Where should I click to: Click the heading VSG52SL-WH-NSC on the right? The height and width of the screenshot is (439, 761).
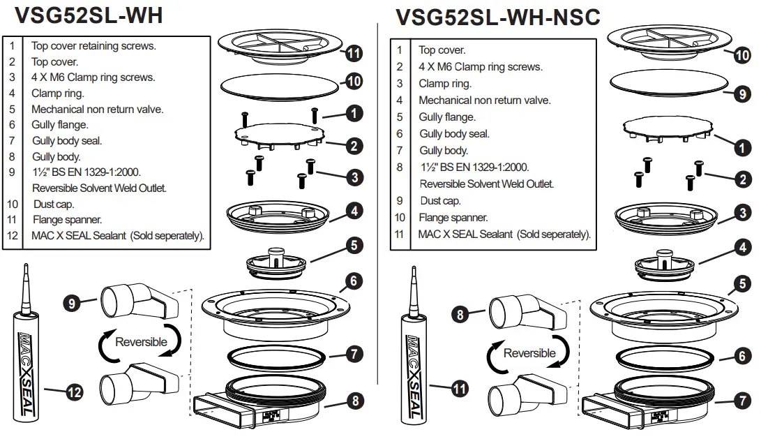[x=497, y=17]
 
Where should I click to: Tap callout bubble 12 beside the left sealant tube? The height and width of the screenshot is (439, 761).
[x=74, y=393]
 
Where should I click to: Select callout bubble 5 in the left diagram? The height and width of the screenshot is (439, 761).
[x=354, y=245]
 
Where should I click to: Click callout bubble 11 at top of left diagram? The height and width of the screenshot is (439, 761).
[x=354, y=53]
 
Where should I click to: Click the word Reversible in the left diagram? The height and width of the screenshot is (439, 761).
[x=141, y=342]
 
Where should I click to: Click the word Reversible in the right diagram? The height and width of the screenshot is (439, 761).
[x=529, y=353]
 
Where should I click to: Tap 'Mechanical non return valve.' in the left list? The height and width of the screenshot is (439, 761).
[x=97, y=109]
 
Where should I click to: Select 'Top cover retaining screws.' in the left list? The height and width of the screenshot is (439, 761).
[x=93, y=46]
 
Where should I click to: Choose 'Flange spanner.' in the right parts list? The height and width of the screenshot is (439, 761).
[x=453, y=218]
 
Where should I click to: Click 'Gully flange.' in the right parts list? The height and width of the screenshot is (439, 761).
[x=447, y=117]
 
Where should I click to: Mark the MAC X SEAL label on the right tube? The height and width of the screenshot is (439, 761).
[x=413, y=377]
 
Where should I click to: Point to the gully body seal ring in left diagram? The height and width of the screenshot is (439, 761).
[x=277, y=357]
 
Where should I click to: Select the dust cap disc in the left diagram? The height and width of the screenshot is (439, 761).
[x=277, y=87]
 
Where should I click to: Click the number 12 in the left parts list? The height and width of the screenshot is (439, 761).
[x=12, y=236]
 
